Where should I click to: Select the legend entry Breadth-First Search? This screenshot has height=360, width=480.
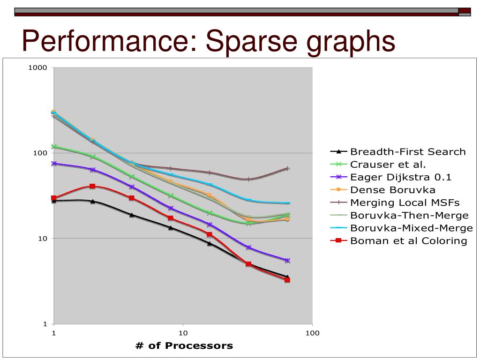[408, 151]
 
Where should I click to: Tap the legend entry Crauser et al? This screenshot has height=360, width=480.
[388, 164]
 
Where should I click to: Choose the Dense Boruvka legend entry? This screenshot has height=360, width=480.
[393, 190]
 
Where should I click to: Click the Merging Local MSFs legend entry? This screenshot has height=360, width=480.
[405, 202]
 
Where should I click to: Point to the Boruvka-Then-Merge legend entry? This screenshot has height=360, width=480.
[409, 215]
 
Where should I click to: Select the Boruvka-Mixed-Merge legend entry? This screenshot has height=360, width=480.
[412, 228]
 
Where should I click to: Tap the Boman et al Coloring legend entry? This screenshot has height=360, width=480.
[409, 240]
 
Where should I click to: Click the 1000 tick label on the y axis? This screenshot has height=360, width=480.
[38, 67]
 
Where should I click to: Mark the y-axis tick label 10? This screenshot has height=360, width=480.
[43, 239]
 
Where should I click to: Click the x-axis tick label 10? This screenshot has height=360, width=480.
[183, 333]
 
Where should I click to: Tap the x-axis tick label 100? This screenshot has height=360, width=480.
[312, 333]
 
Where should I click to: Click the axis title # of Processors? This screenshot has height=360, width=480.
[184, 346]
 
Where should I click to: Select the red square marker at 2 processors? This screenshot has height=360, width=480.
[92, 187]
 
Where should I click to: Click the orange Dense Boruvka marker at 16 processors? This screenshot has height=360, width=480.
[210, 195]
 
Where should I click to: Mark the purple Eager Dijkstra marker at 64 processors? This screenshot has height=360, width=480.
[287, 261]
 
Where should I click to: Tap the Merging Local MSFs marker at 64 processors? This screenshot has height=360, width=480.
[287, 169]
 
